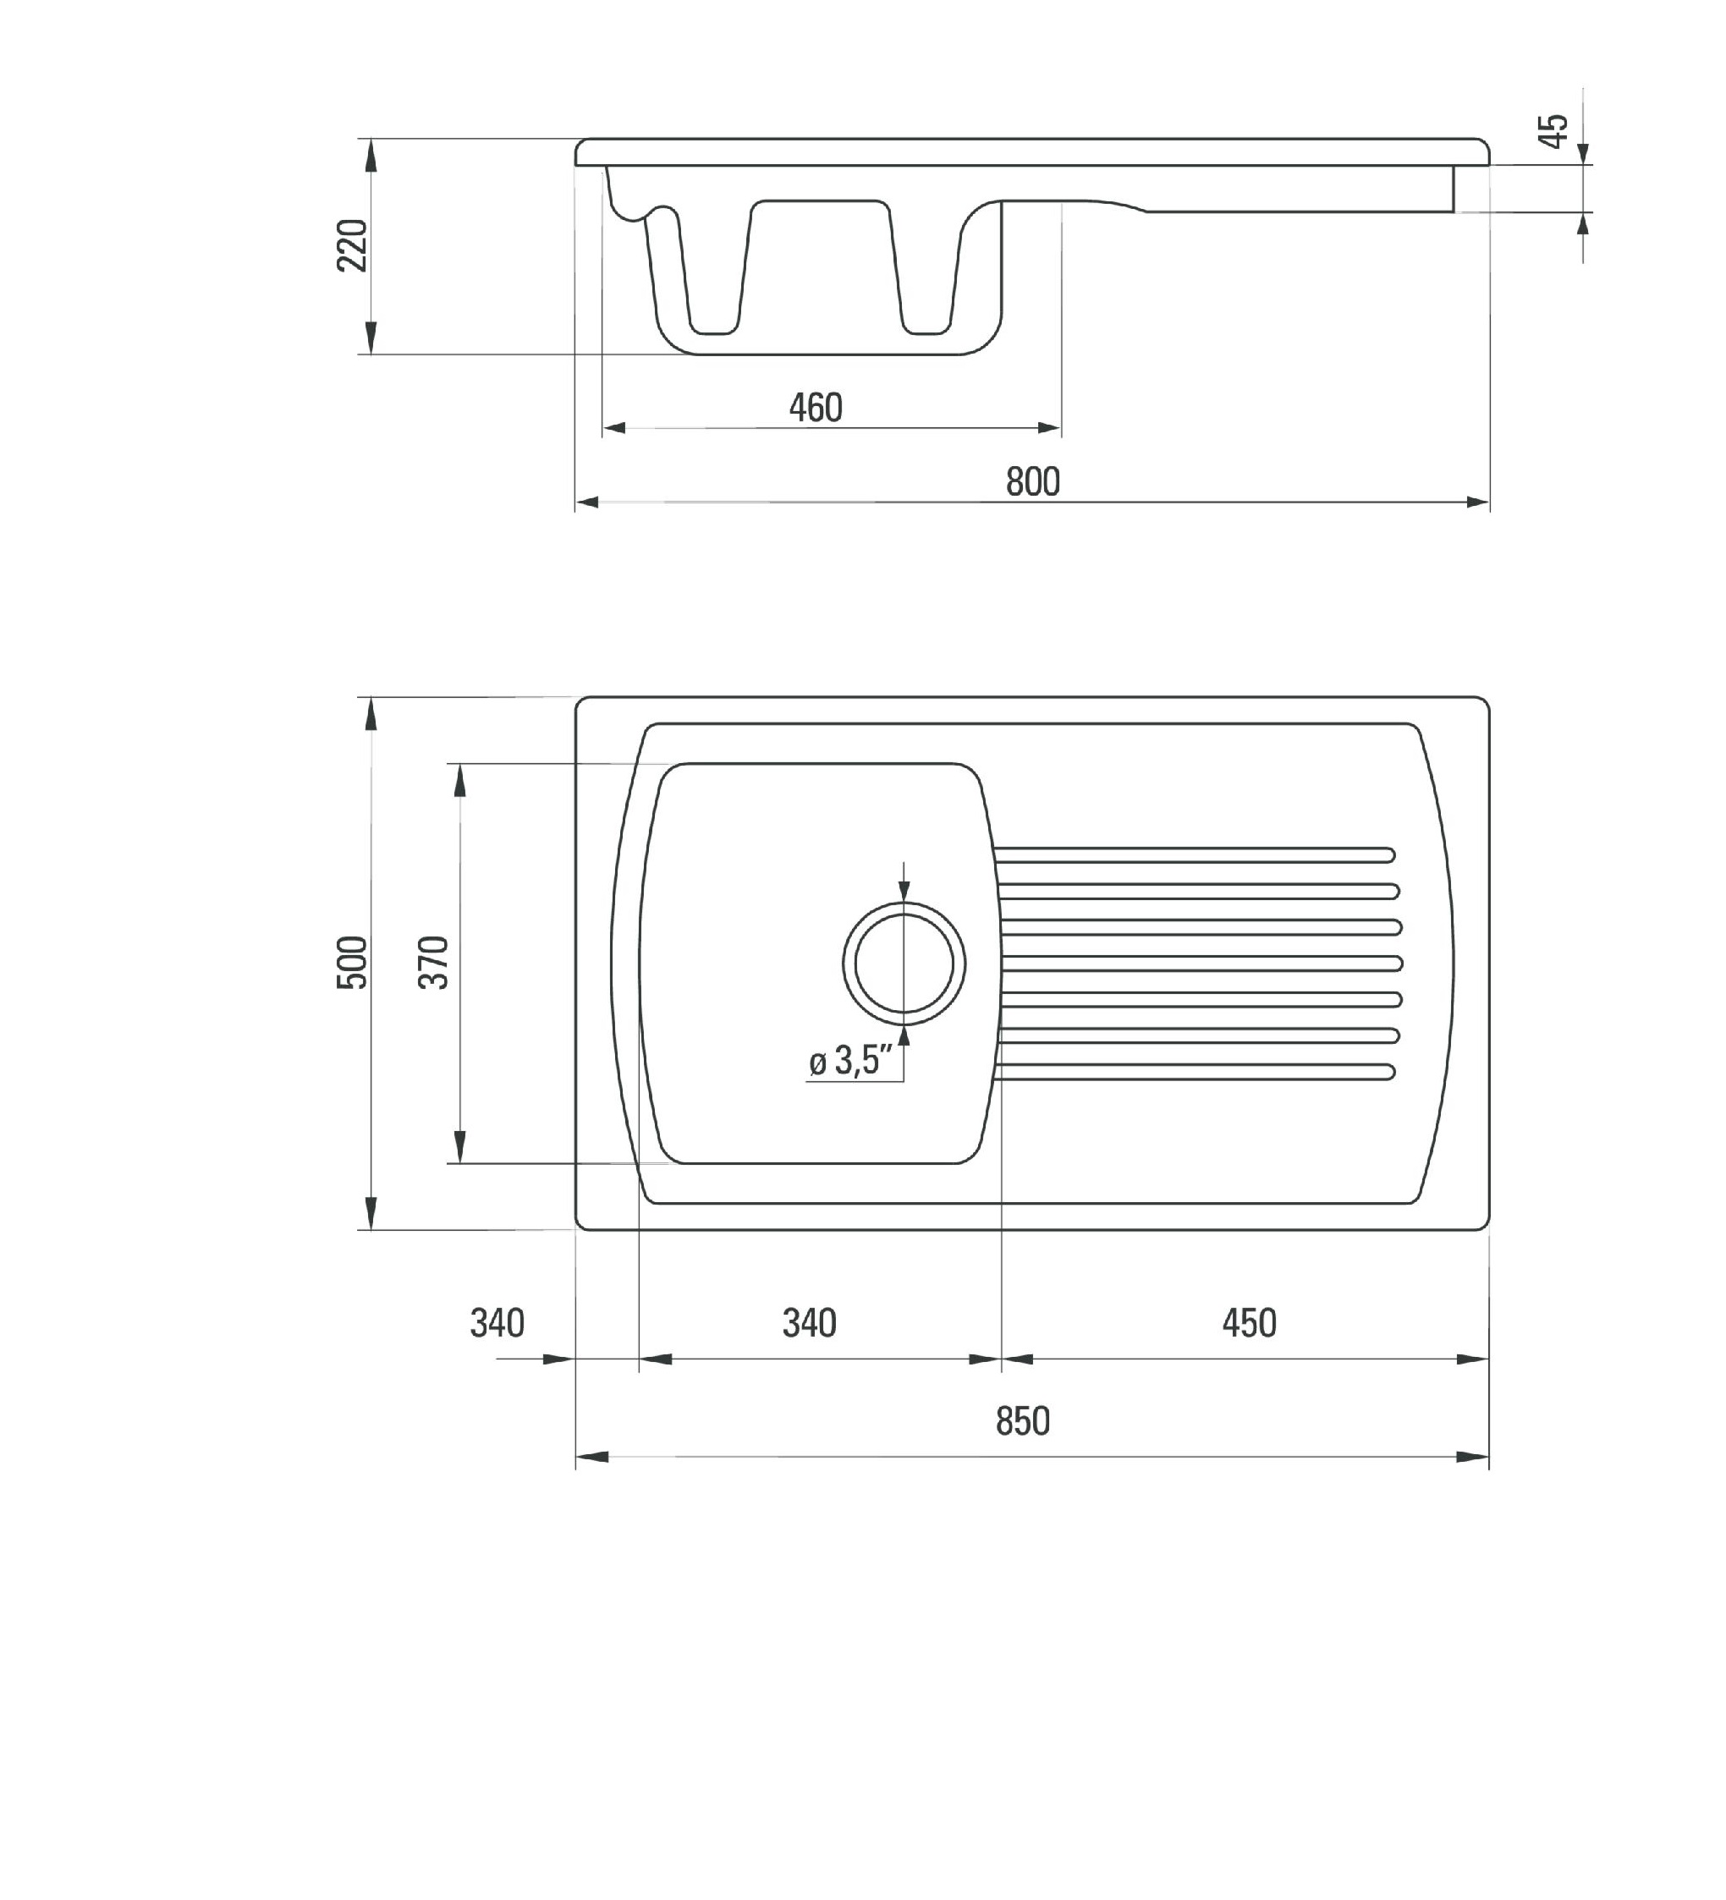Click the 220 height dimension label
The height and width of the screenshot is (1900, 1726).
(x=353, y=245)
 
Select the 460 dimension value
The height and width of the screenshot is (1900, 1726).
(x=816, y=407)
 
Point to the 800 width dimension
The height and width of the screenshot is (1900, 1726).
(x=1033, y=481)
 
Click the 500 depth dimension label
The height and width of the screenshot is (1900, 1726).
(x=353, y=961)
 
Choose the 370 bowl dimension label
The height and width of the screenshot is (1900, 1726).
(x=435, y=961)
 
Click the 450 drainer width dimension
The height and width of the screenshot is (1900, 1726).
(x=1249, y=1323)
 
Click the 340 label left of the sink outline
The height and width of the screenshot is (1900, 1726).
(x=497, y=1323)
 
